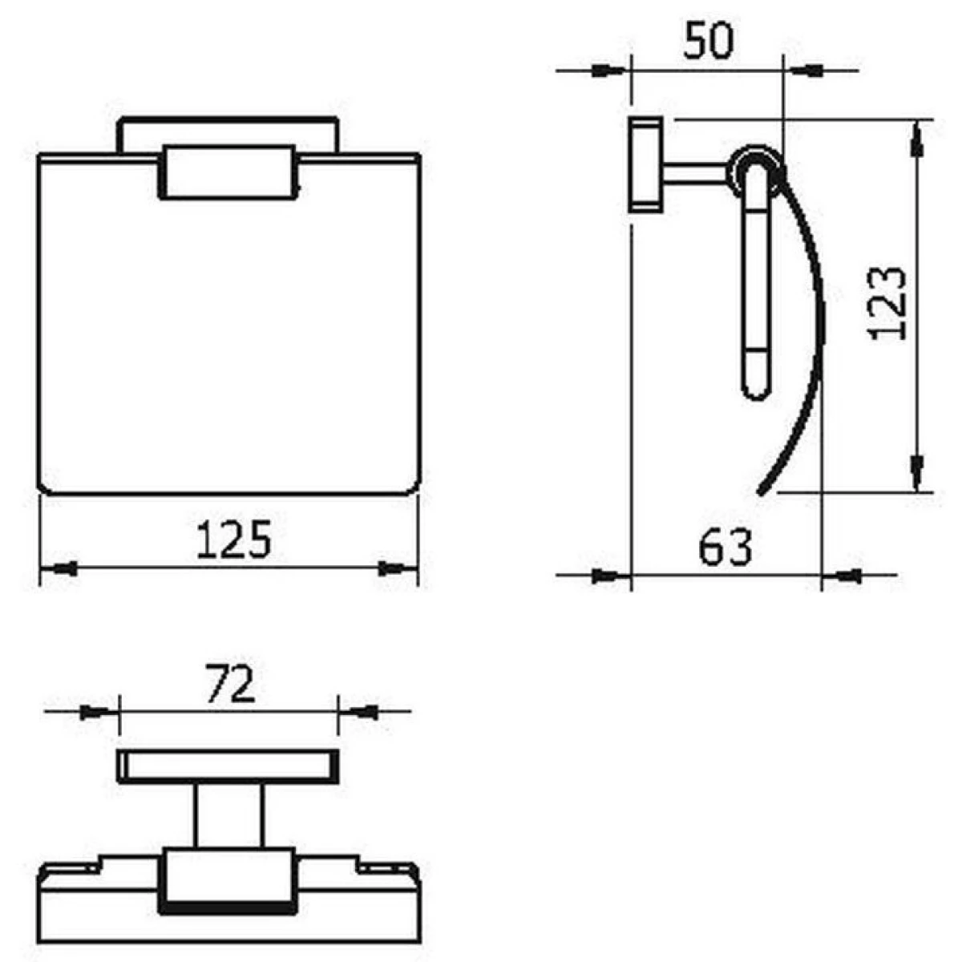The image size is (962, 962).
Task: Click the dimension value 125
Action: coord(233,539)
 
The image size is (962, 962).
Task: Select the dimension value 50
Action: coord(709,40)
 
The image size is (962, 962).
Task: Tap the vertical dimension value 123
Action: coord(887,304)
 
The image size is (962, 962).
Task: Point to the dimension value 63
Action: coord(725,547)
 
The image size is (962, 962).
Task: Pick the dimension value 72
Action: coord(230,684)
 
